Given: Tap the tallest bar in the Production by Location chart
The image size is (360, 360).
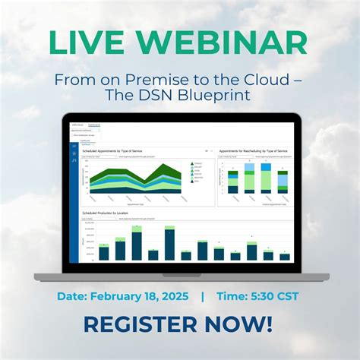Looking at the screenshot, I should [137, 246].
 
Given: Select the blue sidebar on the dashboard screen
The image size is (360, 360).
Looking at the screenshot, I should [74, 197].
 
